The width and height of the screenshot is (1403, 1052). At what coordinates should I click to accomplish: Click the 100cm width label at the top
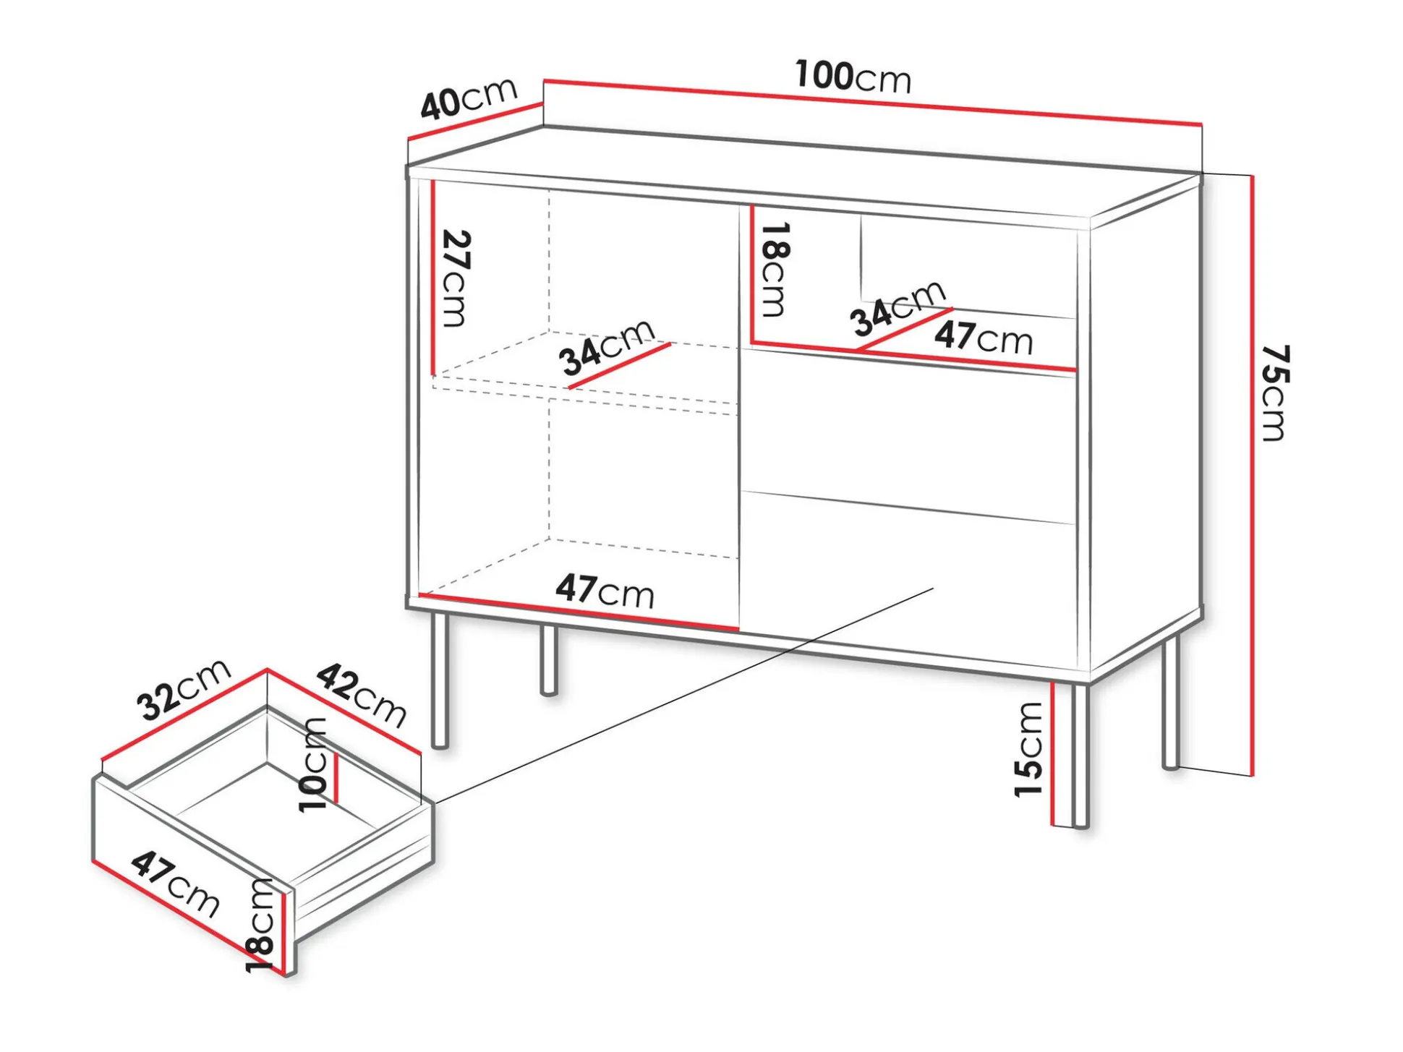click(x=853, y=77)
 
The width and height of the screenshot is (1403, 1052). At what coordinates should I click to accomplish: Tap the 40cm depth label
click(x=469, y=98)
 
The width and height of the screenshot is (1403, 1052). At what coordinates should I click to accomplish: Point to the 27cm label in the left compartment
click(x=456, y=278)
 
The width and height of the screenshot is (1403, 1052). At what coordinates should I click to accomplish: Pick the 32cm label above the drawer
click(x=184, y=690)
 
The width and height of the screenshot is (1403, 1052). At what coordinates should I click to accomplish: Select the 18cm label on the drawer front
click(x=260, y=925)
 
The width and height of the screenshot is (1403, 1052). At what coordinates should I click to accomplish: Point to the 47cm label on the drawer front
click(x=176, y=884)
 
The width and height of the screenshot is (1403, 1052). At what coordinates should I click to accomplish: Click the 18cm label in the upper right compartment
click(x=775, y=269)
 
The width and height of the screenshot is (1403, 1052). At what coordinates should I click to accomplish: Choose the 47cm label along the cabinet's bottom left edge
click(x=605, y=591)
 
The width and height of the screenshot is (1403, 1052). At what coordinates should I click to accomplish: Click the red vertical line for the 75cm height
click(x=1252, y=475)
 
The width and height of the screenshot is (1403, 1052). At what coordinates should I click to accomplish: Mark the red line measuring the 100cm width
click(x=872, y=102)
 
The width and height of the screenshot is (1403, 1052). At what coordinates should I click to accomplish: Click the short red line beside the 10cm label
click(x=336, y=777)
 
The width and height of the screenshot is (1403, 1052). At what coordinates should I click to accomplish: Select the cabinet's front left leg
click(x=440, y=680)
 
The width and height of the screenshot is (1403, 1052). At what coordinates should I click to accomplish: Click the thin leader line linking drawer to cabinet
click(x=683, y=695)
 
